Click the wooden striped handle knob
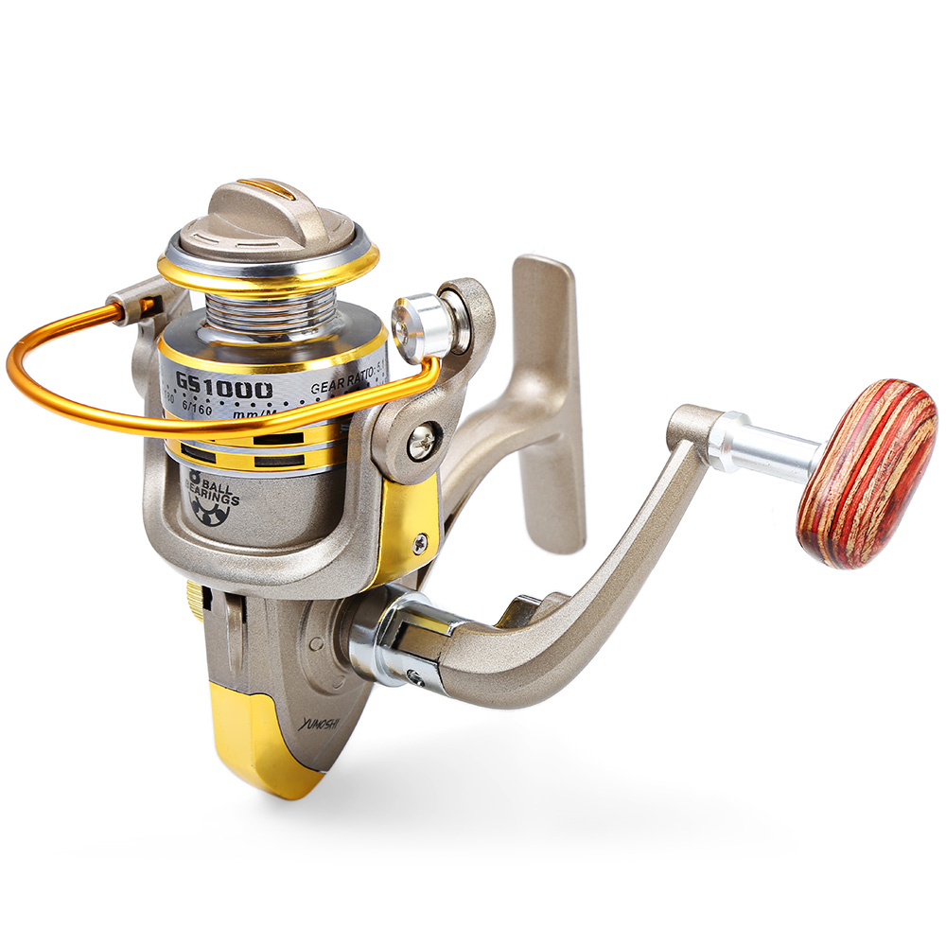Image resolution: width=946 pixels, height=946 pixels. [866, 473]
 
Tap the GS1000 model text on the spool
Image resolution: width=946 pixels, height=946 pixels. [224, 388]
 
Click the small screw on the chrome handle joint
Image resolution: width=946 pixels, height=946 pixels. [413, 675]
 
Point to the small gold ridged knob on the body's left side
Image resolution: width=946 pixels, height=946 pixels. [195, 600]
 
